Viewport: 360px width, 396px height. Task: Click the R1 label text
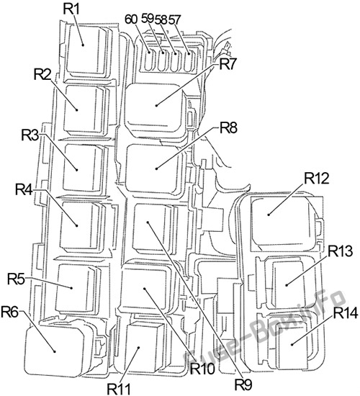click(71, 9)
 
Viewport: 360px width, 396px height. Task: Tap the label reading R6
click(10, 312)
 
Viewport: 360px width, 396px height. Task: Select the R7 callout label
click(228, 64)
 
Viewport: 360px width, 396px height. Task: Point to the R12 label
click(317, 179)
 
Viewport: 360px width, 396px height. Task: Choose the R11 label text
click(119, 390)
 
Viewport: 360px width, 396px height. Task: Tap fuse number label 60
click(131, 19)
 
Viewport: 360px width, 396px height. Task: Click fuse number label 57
click(174, 19)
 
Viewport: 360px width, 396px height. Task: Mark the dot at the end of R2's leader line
click(77, 109)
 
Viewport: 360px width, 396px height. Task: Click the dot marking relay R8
click(157, 168)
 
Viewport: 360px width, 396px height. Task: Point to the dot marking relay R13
click(287, 285)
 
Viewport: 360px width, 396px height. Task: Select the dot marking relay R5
click(72, 287)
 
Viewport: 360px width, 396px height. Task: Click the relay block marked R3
click(84, 168)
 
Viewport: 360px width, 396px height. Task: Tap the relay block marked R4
click(81, 225)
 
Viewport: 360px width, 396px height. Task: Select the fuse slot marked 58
click(174, 60)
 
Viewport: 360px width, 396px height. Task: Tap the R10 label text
click(202, 369)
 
